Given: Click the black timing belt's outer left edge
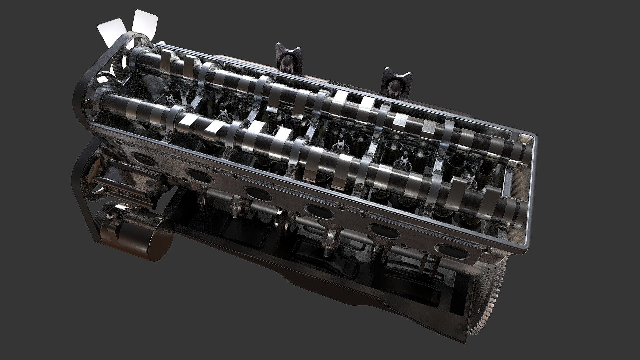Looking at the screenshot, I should (77, 100).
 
